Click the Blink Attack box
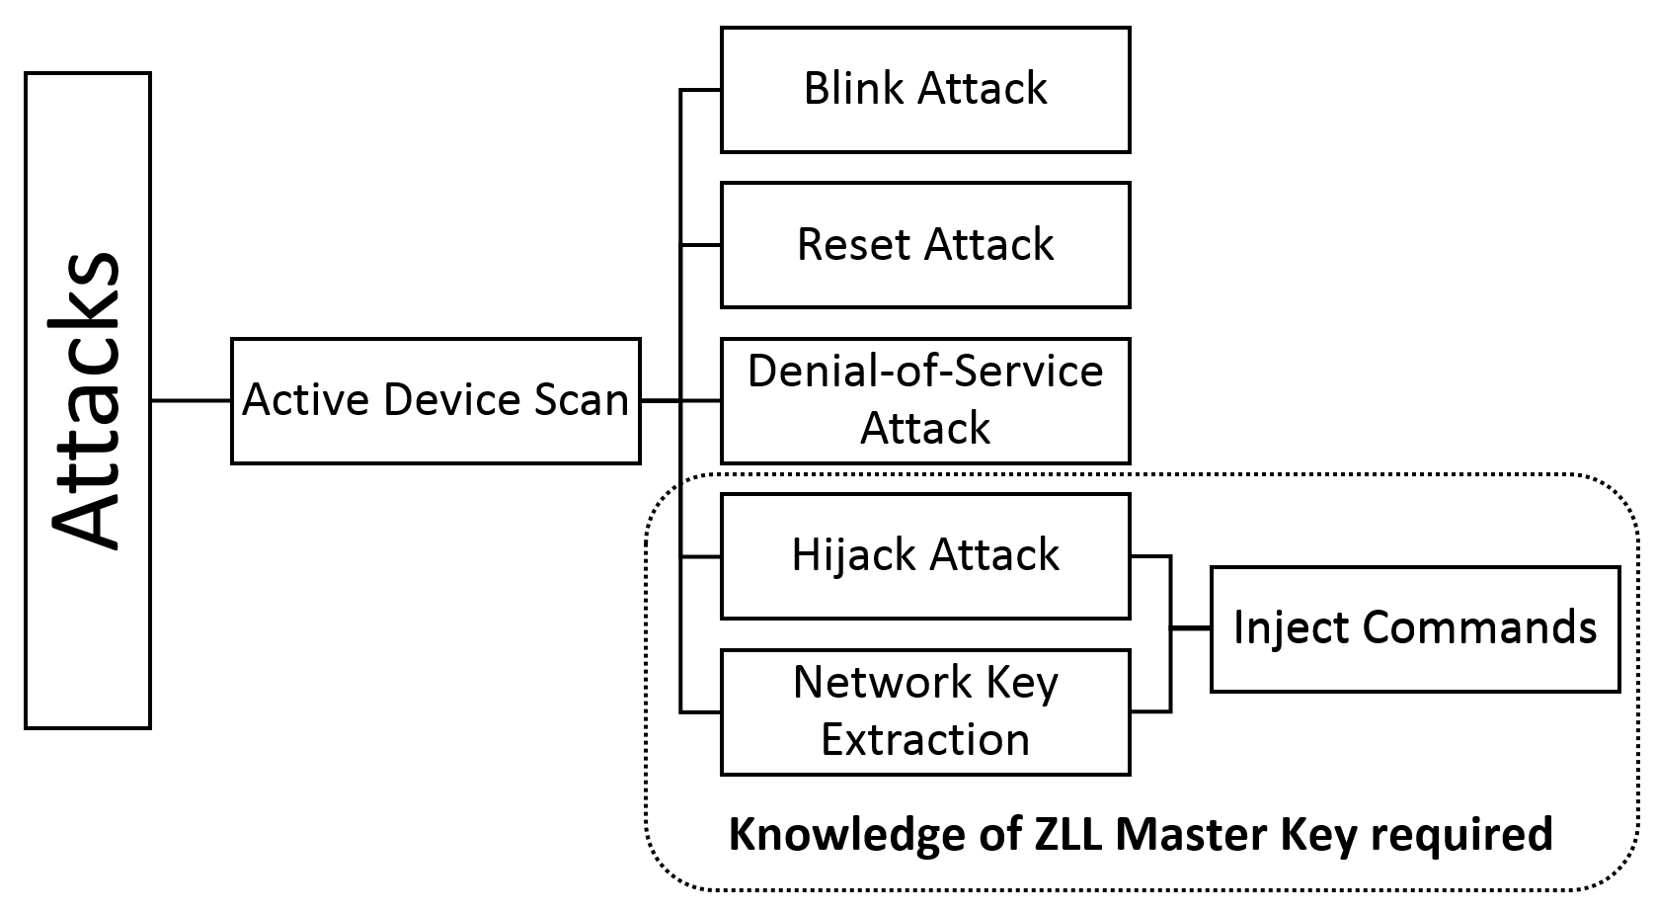(925, 90)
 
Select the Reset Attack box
(925, 245)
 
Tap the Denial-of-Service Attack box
(925, 401)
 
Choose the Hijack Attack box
(925, 556)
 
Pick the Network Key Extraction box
(925, 712)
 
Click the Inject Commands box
(1415, 629)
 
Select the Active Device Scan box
(435, 401)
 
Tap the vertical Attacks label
(85, 401)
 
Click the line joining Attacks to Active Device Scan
(191, 401)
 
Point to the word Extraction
(925, 739)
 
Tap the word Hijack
(853, 556)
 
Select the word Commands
(1479, 627)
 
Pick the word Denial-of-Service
(925, 371)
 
